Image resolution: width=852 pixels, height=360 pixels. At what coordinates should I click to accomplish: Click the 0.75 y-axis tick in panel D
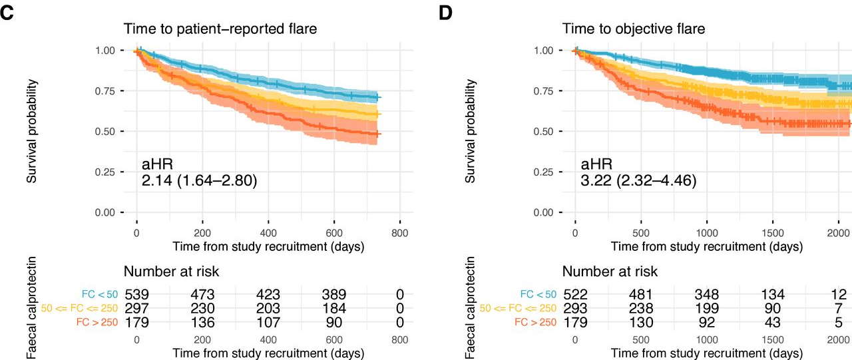545,91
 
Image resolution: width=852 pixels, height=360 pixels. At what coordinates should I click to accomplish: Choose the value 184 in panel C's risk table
333,309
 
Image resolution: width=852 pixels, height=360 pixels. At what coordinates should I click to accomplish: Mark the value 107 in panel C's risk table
268,323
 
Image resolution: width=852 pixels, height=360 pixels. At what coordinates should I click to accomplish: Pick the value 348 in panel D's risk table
706,294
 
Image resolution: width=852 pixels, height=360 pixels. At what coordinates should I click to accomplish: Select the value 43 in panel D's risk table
772,323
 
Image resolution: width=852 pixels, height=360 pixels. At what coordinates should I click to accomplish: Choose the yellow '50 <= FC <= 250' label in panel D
519,309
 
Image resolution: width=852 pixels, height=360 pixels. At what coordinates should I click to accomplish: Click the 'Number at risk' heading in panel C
171,271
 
